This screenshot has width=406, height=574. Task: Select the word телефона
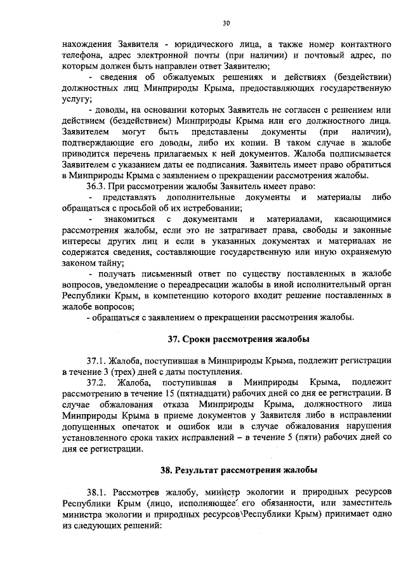[82, 56]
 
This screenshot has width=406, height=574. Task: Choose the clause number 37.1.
[98, 361]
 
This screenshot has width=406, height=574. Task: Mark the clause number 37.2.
[99, 382]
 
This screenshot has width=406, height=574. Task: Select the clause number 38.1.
[98, 493]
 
